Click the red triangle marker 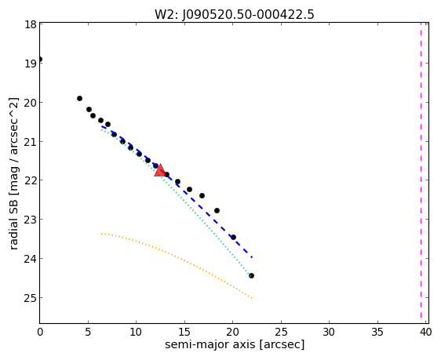click(160, 170)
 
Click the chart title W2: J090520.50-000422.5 click(235, 14)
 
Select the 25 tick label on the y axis click(30, 297)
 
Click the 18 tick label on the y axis click(30, 24)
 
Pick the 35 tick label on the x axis click(377, 333)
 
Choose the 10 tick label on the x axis click(136, 333)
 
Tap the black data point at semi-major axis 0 click(40, 59)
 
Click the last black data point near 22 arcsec click(251, 276)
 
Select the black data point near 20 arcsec click(233, 237)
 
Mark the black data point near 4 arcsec click(79, 98)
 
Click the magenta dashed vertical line click(421, 170)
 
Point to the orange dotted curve click(180, 258)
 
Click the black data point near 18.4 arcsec click(217, 210)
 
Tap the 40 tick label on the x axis click(425, 333)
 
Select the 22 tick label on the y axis click(30, 180)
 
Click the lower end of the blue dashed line click(252, 257)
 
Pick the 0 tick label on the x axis click(40, 333)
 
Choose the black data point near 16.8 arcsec click(202, 195)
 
